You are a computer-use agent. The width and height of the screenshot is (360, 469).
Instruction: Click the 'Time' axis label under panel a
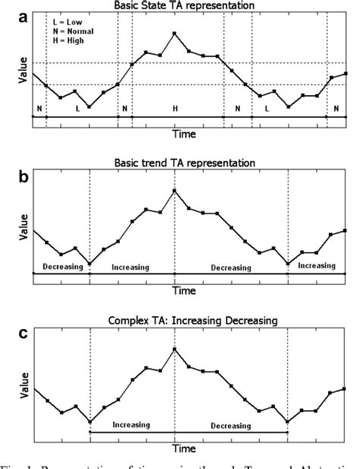pyautogui.click(x=183, y=133)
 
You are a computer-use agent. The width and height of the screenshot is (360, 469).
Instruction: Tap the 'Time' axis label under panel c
pyautogui.click(x=183, y=450)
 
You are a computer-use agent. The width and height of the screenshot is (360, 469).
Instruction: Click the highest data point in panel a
pyautogui.click(x=175, y=33)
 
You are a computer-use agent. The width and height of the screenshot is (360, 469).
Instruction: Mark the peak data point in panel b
pyautogui.click(x=175, y=190)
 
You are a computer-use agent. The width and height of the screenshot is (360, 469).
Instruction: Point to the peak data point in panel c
pyautogui.click(x=175, y=348)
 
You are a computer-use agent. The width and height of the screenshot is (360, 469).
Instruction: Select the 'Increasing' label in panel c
pyautogui.click(x=131, y=425)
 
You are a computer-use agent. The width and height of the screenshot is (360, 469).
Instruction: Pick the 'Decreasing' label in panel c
pyautogui.click(x=231, y=425)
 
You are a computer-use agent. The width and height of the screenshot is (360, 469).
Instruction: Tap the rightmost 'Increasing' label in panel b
pyautogui.click(x=316, y=265)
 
